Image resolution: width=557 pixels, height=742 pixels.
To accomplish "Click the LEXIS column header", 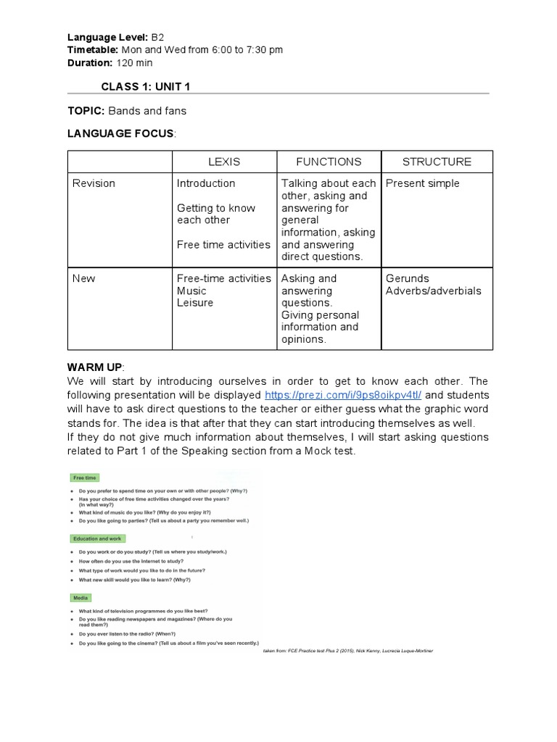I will tap(223, 162).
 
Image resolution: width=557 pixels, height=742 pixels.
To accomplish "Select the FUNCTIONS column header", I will tap(329, 162).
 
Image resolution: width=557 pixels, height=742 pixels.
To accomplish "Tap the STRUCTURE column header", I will tap(437, 162).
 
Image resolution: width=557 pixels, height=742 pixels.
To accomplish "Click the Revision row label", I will tap(94, 183).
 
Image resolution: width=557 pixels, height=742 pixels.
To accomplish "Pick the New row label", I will tap(83, 278).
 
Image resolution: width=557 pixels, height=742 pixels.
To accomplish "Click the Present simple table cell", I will tap(422, 183).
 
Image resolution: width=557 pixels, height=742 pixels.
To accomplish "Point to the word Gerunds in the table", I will tap(407, 278).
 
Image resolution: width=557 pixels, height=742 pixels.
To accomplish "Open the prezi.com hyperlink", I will tap(343, 395).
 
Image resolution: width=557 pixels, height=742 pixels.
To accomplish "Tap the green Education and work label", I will tap(98, 539).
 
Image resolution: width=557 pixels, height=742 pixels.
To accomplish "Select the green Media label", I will tap(81, 598).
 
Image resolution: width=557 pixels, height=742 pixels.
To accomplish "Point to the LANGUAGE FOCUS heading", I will tap(120, 133).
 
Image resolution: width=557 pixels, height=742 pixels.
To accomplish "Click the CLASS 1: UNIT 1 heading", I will tap(146, 87).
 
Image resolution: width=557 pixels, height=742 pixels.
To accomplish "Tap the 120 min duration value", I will tap(134, 62).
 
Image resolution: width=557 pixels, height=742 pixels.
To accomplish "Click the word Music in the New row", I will tap(191, 291).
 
